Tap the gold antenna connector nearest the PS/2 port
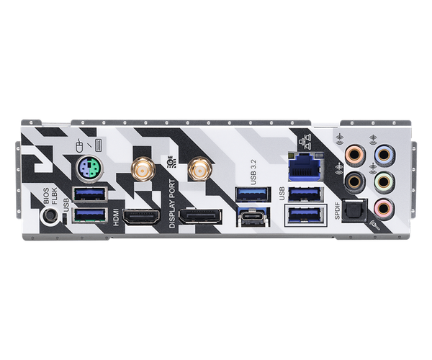pos(139,170)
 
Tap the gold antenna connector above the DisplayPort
pos(196,171)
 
